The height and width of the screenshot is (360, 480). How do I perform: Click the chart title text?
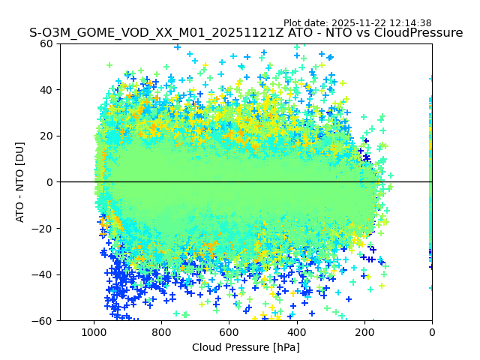(246, 33)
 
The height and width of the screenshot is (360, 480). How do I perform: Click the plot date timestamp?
(357, 23)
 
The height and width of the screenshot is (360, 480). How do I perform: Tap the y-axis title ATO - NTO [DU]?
(21, 181)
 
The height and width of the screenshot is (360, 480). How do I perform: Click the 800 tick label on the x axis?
(161, 331)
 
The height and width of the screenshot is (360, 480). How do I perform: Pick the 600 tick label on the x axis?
(229, 331)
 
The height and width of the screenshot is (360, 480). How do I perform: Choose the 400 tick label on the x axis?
(297, 331)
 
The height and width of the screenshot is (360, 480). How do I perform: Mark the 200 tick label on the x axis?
(364, 331)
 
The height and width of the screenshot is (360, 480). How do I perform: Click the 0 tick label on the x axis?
(432, 331)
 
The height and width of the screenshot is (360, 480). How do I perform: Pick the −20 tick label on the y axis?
(43, 228)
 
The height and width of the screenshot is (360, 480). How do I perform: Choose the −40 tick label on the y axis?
(43, 274)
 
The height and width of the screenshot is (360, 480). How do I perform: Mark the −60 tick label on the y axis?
(43, 320)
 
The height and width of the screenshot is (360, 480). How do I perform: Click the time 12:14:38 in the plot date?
(411, 23)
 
